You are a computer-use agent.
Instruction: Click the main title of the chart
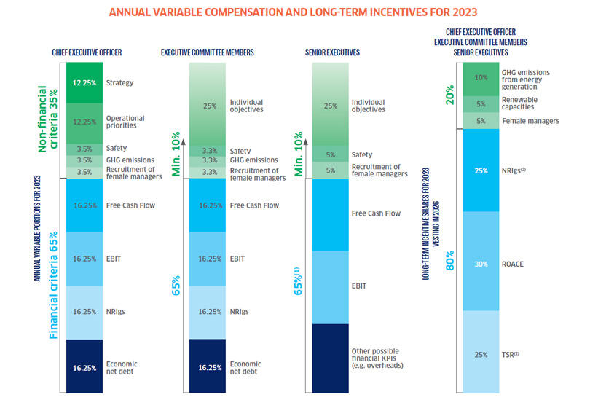[294, 12]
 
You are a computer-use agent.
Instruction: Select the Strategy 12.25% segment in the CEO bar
[84, 82]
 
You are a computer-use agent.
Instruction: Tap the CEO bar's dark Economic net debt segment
[84, 367]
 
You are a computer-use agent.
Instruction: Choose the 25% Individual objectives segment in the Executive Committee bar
[209, 105]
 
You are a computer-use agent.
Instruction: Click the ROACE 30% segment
[480, 264]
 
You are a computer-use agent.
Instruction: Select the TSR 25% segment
[480, 355]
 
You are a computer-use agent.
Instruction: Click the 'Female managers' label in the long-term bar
[530, 121]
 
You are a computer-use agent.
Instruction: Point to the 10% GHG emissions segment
[480, 78]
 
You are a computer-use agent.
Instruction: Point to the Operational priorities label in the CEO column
[125, 122]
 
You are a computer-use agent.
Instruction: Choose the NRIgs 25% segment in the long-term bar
[480, 170]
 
